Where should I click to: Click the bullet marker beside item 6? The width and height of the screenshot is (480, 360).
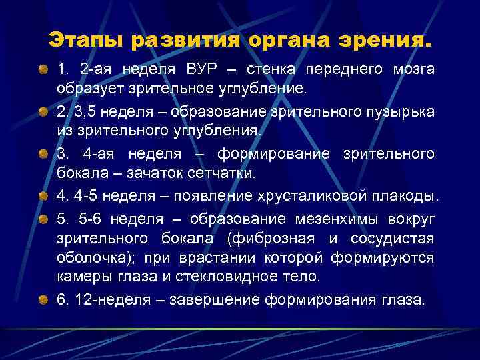pos(43,300)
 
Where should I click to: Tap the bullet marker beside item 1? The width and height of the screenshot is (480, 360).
pos(43,69)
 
